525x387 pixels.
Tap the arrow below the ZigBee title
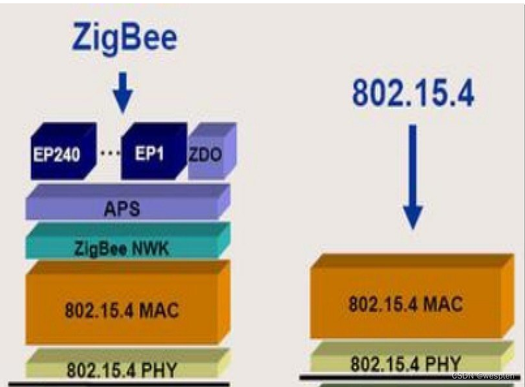pos(123,92)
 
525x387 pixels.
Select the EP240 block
pos(59,154)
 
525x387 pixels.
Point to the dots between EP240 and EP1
pos(109,152)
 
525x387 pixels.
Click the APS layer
pos(121,208)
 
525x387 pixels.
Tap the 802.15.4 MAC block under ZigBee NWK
pos(121,309)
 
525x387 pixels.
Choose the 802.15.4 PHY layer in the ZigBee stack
pos(121,369)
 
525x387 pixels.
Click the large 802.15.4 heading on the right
pos(413,93)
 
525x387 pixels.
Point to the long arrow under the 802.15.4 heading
pos(413,176)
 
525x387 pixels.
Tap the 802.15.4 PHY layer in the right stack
pos(405,362)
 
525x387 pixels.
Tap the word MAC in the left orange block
pos(159,309)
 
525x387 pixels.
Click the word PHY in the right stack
pos(443,363)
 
